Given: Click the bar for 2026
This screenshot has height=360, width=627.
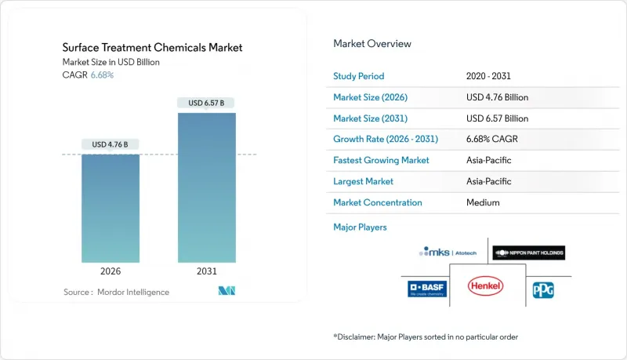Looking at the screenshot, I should (111, 208).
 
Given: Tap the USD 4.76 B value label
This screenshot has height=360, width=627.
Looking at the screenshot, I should (111, 144).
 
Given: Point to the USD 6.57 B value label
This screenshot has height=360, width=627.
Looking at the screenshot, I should (206, 103).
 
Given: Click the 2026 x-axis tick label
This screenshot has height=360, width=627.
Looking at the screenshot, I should (111, 271).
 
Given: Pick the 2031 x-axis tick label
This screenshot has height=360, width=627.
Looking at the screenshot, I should (206, 271).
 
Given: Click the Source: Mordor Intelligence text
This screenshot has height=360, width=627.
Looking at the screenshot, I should (116, 292).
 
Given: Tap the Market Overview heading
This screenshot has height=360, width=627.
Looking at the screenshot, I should (372, 44).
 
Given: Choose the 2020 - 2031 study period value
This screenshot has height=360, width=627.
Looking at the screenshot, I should (491, 76).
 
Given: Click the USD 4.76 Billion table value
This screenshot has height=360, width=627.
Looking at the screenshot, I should (497, 97).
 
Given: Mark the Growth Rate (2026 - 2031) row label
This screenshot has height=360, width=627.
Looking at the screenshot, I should (386, 139).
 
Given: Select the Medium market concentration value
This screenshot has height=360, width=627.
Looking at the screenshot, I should (481, 202).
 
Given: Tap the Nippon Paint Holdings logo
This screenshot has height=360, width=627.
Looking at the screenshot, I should (529, 253).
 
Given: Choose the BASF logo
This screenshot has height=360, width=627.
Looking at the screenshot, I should (427, 289).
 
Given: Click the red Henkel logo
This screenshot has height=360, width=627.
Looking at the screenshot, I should (487, 289).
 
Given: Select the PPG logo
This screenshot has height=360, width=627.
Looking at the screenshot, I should (542, 289).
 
